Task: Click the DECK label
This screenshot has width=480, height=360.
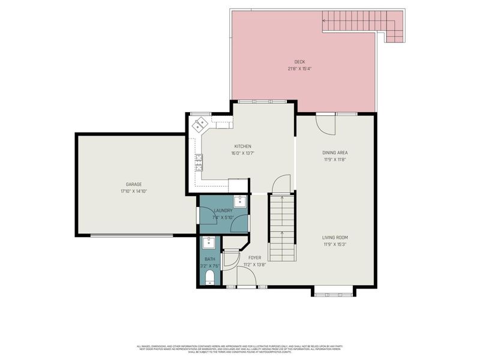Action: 299,62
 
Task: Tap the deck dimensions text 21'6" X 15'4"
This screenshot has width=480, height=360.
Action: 299,68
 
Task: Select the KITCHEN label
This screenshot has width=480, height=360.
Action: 242,146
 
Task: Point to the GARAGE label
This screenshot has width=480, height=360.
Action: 133,184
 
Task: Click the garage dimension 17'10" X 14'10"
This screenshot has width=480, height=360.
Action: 133,191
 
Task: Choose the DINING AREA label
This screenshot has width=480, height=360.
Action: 335,152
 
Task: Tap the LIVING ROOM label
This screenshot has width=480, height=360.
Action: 335,237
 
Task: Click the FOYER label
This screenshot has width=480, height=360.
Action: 254,257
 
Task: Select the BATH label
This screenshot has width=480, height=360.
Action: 209,259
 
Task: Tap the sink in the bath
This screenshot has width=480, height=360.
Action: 209,243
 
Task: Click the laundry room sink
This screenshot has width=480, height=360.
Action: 240,200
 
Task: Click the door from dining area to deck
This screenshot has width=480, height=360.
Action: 326,124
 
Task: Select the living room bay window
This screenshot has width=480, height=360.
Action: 334,292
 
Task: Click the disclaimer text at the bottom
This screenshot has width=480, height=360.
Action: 240,349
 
